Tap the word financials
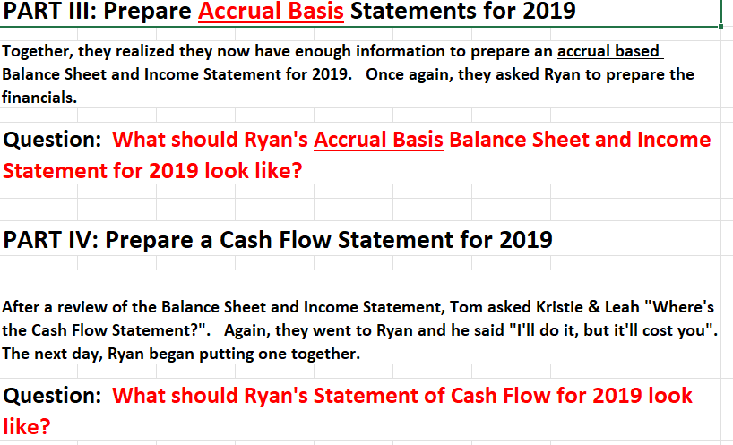(39, 98)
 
